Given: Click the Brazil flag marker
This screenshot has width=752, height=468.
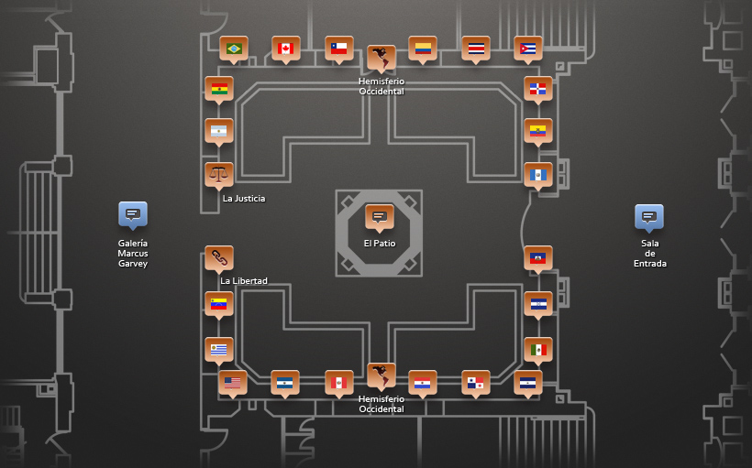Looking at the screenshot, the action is pyautogui.click(x=234, y=49).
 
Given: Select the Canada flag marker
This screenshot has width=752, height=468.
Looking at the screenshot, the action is pyautogui.click(x=286, y=49).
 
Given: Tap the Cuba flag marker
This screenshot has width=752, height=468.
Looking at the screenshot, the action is pyautogui.click(x=528, y=49).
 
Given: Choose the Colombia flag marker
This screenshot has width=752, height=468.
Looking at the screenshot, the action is pyautogui.click(x=423, y=49).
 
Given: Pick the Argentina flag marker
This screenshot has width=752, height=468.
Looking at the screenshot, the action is pyautogui.click(x=219, y=131).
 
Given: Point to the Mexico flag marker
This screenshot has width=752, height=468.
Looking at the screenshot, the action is pyautogui.click(x=538, y=350).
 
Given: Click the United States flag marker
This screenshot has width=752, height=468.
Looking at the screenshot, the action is pyautogui.click(x=233, y=383).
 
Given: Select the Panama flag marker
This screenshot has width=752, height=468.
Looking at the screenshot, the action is pyautogui.click(x=476, y=383).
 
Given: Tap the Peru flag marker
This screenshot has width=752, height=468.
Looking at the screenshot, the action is pyautogui.click(x=339, y=383).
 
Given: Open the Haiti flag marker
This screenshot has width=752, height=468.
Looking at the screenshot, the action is pyautogui.click(x=538, y=258).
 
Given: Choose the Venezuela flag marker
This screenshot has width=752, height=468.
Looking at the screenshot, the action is pyautogui.click(x=219, y=305).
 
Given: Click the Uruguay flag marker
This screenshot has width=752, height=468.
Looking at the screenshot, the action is pyautogui.click(x=219, y=350).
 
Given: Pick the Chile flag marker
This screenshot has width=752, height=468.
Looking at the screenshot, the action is pyautogui.click(x=339, y=49).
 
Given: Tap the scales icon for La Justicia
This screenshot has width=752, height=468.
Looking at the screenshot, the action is pyautogui.click(x=219, y=175).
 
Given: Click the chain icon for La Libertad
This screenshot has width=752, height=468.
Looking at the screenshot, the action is pyautogui.click(x=219, y=258).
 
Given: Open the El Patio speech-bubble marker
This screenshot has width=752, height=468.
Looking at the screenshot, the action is pyautogui.click(x=380, y=217).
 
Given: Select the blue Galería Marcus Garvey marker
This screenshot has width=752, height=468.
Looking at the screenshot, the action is pyautogui.click(x=133, y=214).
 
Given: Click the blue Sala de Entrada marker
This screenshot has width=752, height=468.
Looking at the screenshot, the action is pyautogui.click(x=649, y=217).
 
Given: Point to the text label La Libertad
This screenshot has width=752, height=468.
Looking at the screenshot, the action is pyautogui.click(x=244, y=280).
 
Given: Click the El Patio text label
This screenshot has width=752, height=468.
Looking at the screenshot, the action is pyautogui.click(x=380, y=244).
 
